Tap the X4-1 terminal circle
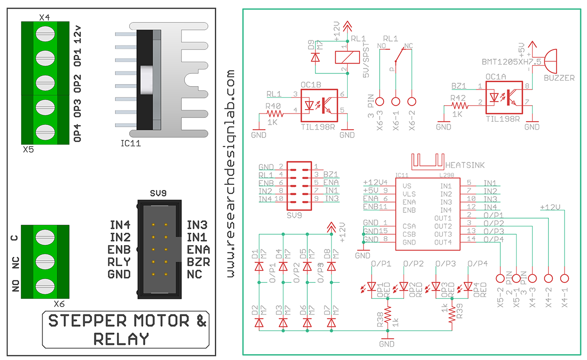[x=565, y=278]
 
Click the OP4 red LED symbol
[x=468, y=286]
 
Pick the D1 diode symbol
[x=259, y=267]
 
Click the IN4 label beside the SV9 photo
[x=120, y=225]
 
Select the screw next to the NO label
[x=45, y=285]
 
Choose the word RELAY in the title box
[x=121, y=338]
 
